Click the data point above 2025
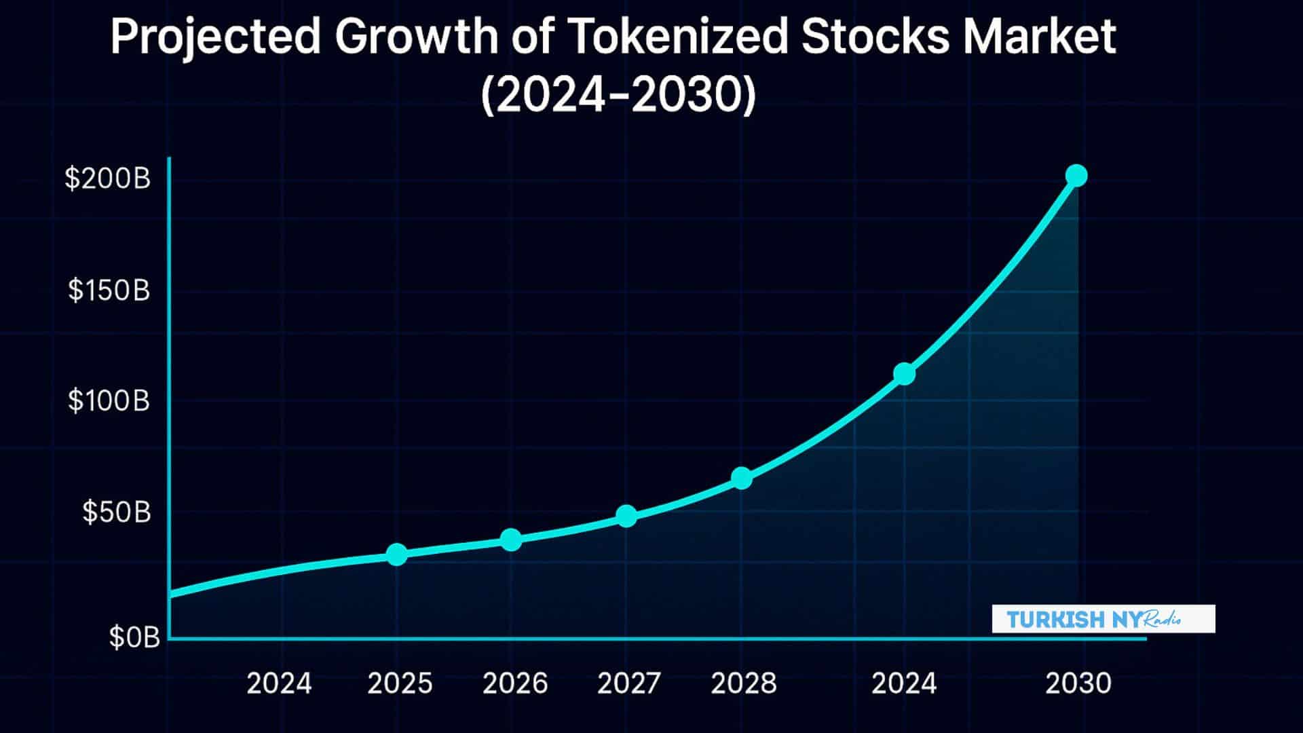click(397, 555)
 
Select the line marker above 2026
click(511, 540)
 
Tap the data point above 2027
click(626, 516)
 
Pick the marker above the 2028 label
click(742, 478)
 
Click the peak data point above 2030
click(1076, 176)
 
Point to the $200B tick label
click(107, 178)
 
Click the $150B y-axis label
click(109, 290)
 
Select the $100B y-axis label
click(109, 400)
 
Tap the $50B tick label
click(116, 512)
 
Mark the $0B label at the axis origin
click(134, 637)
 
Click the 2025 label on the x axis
click(400, 683)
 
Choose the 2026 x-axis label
click(515, 683)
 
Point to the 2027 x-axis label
click(629, 683)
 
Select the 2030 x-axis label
click(1078, 683)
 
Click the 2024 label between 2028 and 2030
click(904, 683)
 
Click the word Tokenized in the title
click(675, 37)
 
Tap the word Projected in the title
click(215, 37)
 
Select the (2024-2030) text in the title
click(618, 96)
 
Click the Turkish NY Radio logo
click(1103, 619)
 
